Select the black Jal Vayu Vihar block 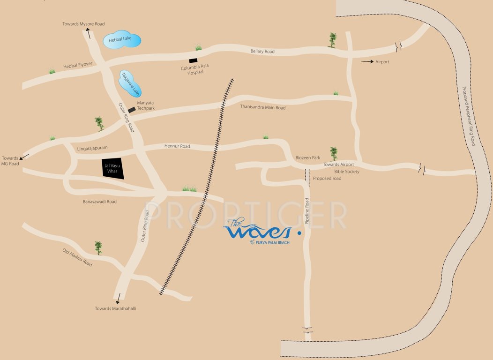113,168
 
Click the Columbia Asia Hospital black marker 193,60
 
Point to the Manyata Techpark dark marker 132,110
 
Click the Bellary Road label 262,52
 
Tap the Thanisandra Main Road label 262,107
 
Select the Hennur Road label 177,146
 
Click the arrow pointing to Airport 367,61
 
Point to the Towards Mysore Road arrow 88,33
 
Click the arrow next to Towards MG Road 25,156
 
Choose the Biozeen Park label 307,157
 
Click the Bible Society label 347,172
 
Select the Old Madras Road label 78,257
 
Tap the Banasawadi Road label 100,202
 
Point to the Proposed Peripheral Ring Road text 468,116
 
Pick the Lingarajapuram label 92,148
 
